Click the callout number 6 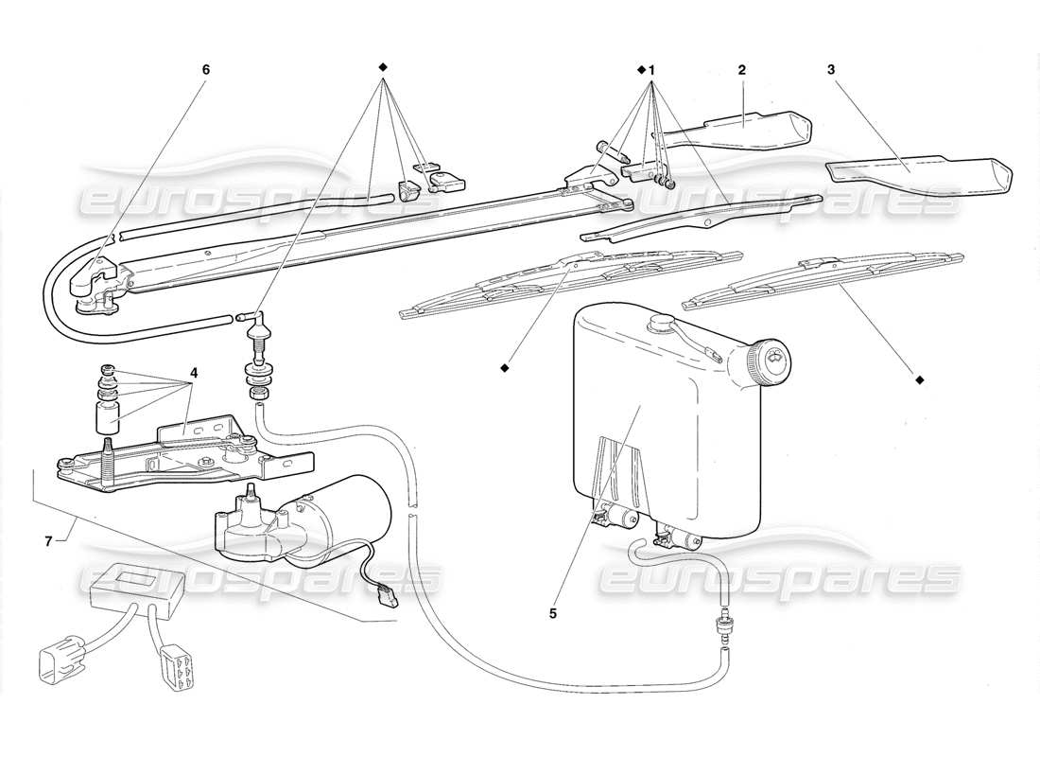point(205,70)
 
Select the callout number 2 point(742,70)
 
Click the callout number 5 point(554,612)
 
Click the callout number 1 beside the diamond point(651,70)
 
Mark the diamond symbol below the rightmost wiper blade point(919,380)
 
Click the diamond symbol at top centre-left point(383,67)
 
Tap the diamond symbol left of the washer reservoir point(506,365)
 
